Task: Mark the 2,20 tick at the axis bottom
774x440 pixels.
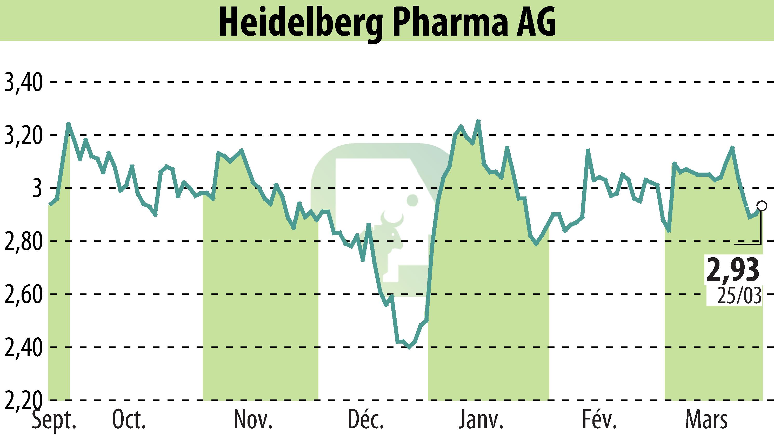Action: (23, 400)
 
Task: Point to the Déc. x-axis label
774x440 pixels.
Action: (366, 420)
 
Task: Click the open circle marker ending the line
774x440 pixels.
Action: (762, 206)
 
